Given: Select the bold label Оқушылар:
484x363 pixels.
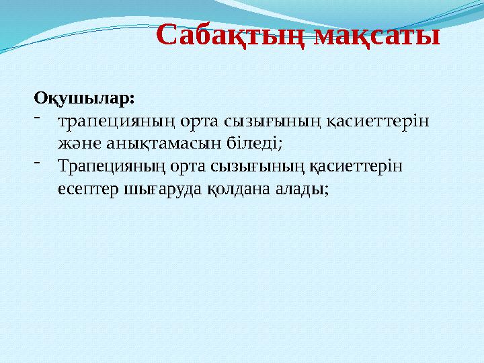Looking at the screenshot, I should point(84,98).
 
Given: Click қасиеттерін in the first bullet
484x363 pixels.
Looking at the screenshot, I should point(380,122).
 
